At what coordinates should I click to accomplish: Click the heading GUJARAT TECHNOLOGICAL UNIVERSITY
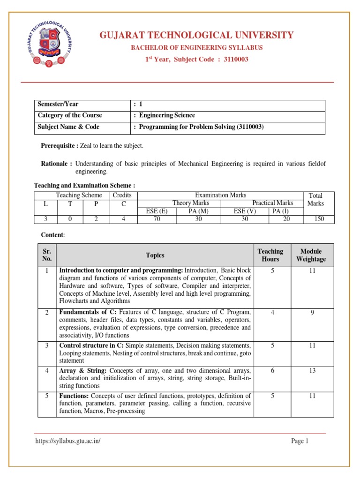[x=195, y=35]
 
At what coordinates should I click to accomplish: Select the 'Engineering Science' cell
[x=165, y=115]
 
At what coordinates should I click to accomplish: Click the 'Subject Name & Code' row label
[x=69, y=127]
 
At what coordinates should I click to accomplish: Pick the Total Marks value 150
[x=319, y=219]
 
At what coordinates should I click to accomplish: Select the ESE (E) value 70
[x=157, y=219]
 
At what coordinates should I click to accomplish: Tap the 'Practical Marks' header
[x=273, y=203]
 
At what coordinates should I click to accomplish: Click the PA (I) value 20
[x=286, y=219]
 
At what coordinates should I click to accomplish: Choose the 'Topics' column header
[x=155, y=255]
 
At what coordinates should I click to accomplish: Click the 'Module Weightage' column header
[x=311, y=255]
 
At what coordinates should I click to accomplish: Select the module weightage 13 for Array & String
[x=311, y=371]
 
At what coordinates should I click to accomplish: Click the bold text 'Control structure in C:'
[x=88, y=345]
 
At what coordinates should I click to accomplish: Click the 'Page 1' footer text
[x=300, y=441]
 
